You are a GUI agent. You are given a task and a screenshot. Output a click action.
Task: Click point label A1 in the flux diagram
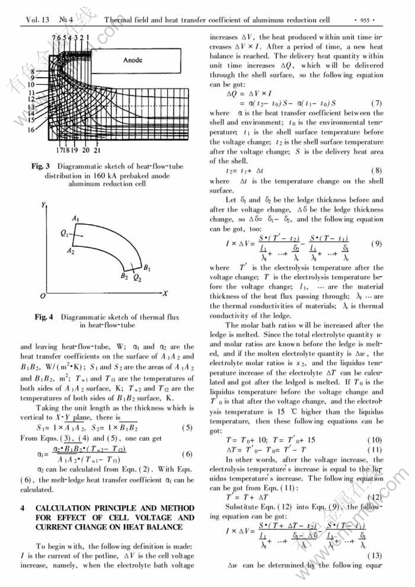click(76, 218)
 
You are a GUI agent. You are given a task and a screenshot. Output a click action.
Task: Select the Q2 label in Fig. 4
click(137, 279)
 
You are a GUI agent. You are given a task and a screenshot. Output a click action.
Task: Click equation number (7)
click(377, 103)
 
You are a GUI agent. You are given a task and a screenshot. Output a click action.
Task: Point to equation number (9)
click(377, 244)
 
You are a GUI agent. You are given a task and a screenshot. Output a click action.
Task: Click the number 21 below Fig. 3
click(98, 150)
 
